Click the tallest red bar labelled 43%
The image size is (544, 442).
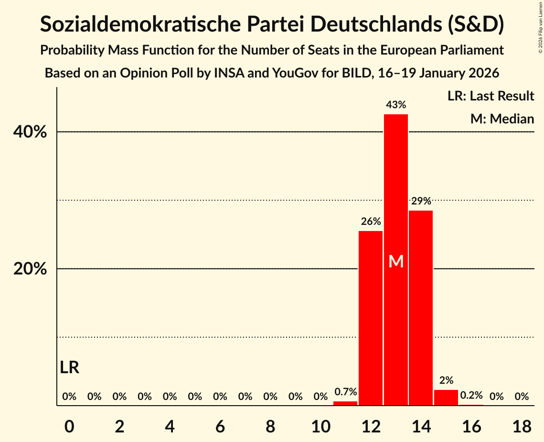[396, 191]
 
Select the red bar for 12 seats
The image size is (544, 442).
[371, 318]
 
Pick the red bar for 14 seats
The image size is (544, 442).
[421, 308]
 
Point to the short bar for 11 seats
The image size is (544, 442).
[345, 403]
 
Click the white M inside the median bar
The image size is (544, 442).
[396, 261]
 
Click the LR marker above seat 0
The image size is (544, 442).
[70, 367]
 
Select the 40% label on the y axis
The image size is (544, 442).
[30, 132]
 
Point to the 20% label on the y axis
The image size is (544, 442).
[30, 269]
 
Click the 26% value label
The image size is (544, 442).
[371, 221]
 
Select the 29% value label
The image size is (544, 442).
[421, 201]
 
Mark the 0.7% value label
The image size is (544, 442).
[345, 392]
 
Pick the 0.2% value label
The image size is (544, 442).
[471, 396]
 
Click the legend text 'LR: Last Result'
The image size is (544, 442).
[491, 96]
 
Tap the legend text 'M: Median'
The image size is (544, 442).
[502, 119]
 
